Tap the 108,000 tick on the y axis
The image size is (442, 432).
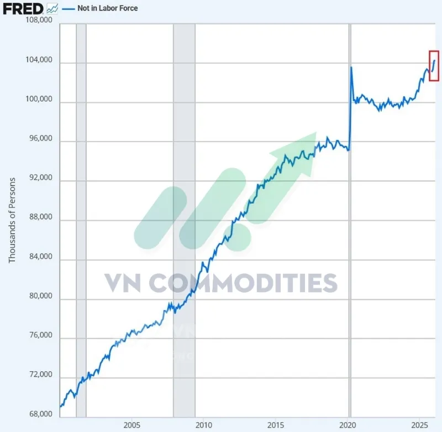coord(39,20)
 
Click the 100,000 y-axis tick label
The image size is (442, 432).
coord(39,100)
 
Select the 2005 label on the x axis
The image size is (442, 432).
coord(131,425)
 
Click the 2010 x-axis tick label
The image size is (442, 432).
coord(204,425)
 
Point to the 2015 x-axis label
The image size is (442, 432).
coord(276,425)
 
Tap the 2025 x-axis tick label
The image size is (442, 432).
coord(420,425)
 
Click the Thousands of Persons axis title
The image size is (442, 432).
coord(12,220)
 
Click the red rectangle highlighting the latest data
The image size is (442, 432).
coord(434,65)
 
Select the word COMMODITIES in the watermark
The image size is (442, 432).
coord(244,283)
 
